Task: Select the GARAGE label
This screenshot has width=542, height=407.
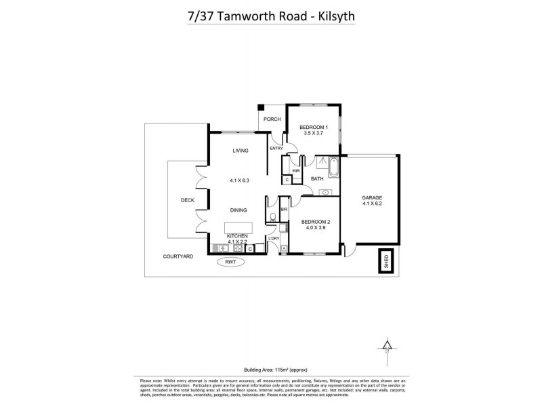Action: [372, 197]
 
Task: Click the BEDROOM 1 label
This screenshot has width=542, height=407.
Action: [314, 128]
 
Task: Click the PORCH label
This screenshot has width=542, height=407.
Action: [272, 119]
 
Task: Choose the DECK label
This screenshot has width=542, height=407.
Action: [188, 200]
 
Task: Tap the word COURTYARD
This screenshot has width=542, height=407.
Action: [179, 257]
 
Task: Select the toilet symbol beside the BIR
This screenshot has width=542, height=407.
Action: [272, 217]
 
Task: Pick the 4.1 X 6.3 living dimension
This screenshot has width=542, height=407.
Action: [240, 180]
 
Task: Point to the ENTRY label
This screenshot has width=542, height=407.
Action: [276, 149]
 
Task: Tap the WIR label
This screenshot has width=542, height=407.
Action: [295, 170]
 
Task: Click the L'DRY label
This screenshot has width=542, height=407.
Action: [274, 238]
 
